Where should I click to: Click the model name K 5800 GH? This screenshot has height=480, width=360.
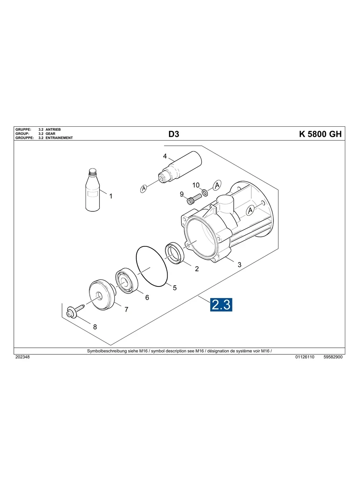pos(320,134)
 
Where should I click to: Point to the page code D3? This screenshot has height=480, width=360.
pos(174,134)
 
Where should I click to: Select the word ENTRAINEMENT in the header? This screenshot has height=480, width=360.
pos(59,138)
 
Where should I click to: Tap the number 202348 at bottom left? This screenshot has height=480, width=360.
pos(22,357)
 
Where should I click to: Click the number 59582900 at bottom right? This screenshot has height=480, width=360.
pos(333,357)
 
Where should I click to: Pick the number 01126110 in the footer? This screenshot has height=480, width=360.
pos(305,357)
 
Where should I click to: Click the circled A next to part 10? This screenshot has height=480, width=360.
pos(217,185)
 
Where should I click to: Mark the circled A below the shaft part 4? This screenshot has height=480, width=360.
pos(144,188)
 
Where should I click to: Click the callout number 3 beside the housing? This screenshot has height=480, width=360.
pos(239,265)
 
